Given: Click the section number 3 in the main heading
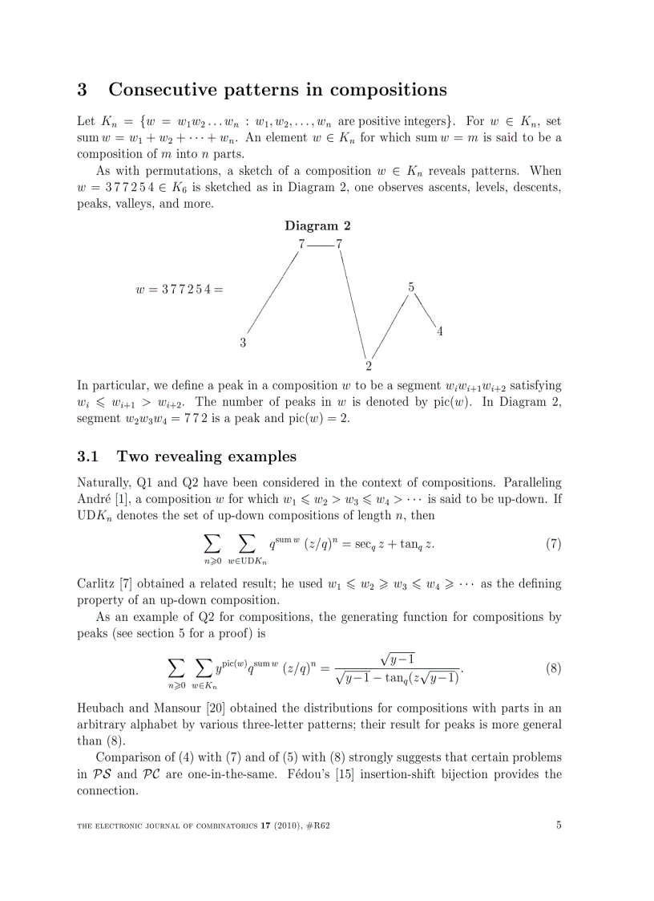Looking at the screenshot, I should (82, 89).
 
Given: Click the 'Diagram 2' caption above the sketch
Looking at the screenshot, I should (317, 225).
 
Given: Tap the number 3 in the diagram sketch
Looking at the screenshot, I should (243, 343).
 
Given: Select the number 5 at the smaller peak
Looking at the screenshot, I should (411, 286).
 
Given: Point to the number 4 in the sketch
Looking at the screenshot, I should (440, 331).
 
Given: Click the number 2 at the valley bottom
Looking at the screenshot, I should (369, 366).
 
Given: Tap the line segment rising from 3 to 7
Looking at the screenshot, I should (272, 291).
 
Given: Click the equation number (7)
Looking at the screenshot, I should (553, 544).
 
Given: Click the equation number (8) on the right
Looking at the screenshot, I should (553, 668).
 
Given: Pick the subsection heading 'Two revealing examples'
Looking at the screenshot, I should (206, 457).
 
